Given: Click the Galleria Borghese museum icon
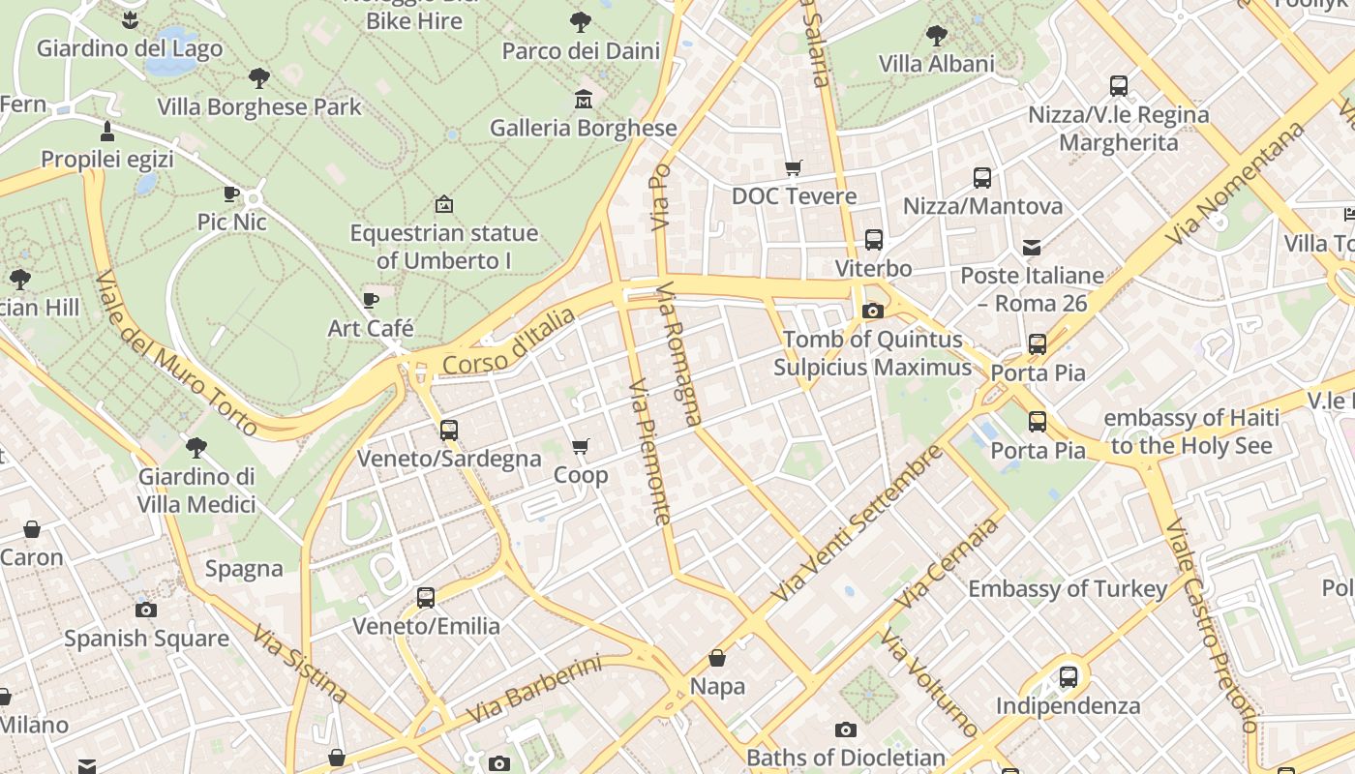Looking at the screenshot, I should click(x=584, y=100).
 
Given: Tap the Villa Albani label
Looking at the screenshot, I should click(x=936, y=64).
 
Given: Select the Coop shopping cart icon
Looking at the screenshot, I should click(x=580, y=446).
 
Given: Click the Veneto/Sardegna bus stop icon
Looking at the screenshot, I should click(x=449, y=431).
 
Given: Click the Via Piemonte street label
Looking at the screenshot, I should click(x=649, y=451).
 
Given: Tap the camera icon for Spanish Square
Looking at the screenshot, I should click(x=146, y=610).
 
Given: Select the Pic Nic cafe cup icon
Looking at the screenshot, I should click(x=231, y=193).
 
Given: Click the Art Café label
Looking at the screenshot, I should click(x=371, y=328).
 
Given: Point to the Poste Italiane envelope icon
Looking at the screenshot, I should click(x=1032, y=248).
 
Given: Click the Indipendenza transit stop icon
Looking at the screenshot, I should click(x=1069, y=677).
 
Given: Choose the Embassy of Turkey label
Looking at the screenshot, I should click(x=1068, y=588).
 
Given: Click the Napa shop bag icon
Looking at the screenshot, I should click(x=717, y=659).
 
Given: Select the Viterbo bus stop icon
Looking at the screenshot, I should click(x=874, y=240).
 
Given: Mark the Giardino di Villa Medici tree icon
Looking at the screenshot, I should click(x=196, y=447).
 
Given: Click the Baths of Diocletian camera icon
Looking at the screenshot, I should click(x=846, y=729).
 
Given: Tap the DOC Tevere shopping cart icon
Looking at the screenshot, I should click(x=794, y=167).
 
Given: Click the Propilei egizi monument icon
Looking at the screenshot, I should click(x=107, y=132).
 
